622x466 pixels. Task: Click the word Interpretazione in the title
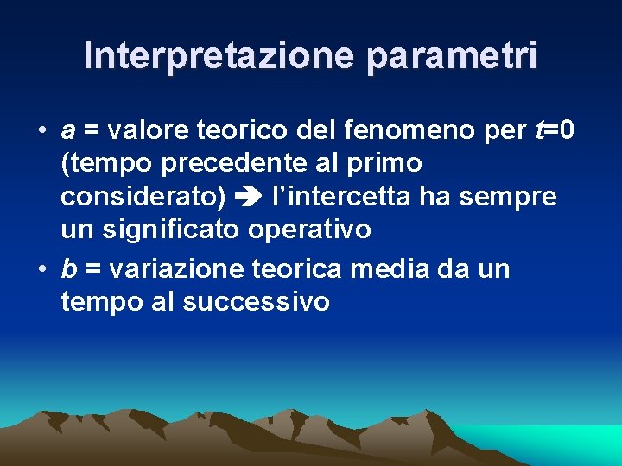[219, 56]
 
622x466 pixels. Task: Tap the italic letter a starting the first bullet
[67, 130]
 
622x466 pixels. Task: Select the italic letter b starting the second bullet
[68, 269]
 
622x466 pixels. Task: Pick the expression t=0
[552, 130]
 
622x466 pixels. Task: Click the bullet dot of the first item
[41, 131]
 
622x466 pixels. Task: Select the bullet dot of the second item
[41, 270]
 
